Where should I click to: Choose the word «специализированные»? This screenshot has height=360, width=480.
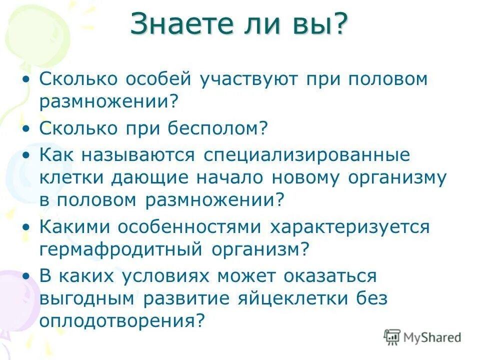tap(306, 154)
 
